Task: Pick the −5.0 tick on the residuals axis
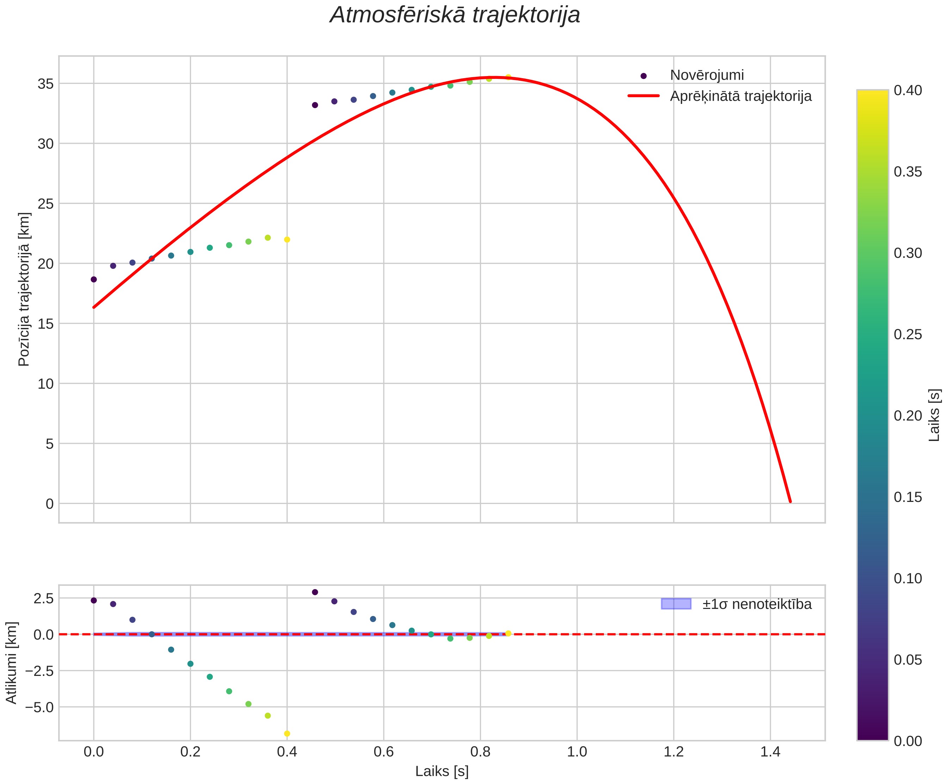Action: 40,707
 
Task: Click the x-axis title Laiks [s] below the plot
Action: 442,771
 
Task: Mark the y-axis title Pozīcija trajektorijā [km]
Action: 24,289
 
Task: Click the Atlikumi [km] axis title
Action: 11,663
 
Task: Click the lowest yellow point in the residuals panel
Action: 287,734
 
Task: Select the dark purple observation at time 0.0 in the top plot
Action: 94,280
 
